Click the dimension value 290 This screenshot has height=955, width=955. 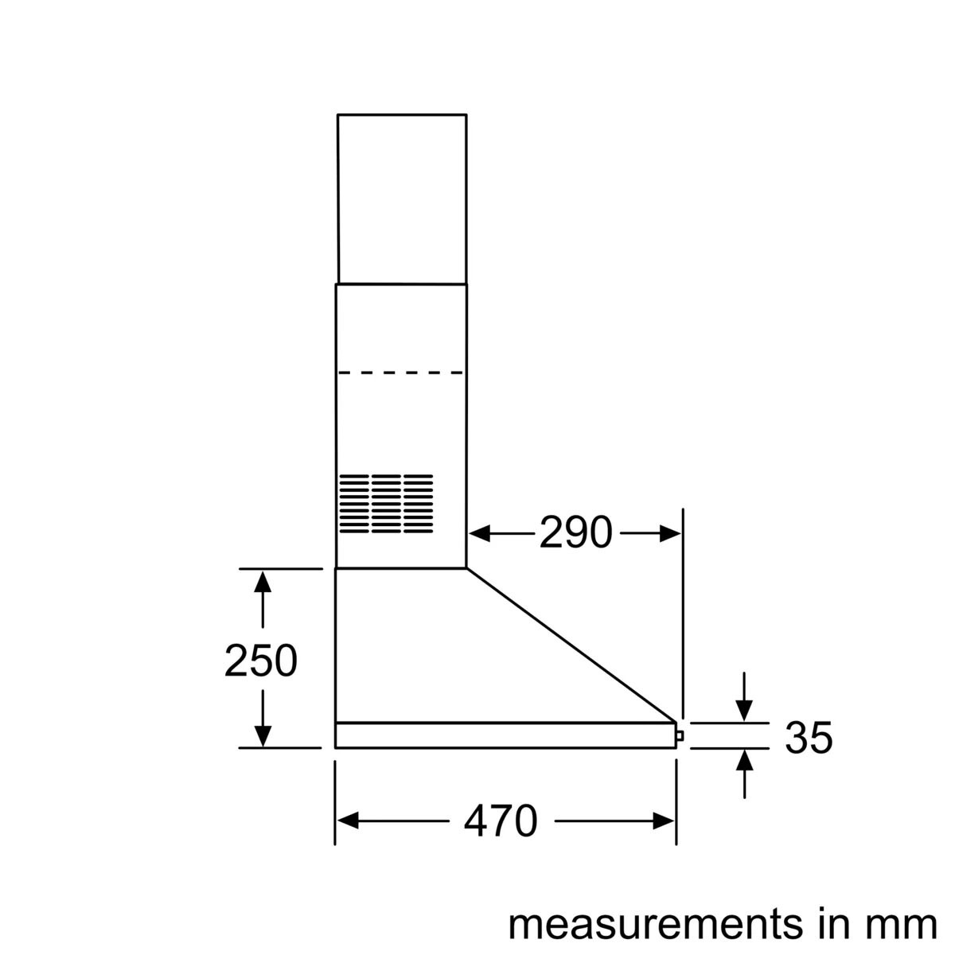[x=575, y=533]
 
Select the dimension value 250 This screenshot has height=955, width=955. [x=261, y=661]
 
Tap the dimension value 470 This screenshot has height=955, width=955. [x=501, y=821]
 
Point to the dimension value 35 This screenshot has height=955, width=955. [x=809, y=738]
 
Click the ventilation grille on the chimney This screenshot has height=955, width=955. [x=386, y=503]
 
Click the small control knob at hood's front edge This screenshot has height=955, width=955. [x=678, y=736]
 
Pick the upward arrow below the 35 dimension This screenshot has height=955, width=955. [x=744, y=760]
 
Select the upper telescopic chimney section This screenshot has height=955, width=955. [x=402, y=199]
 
